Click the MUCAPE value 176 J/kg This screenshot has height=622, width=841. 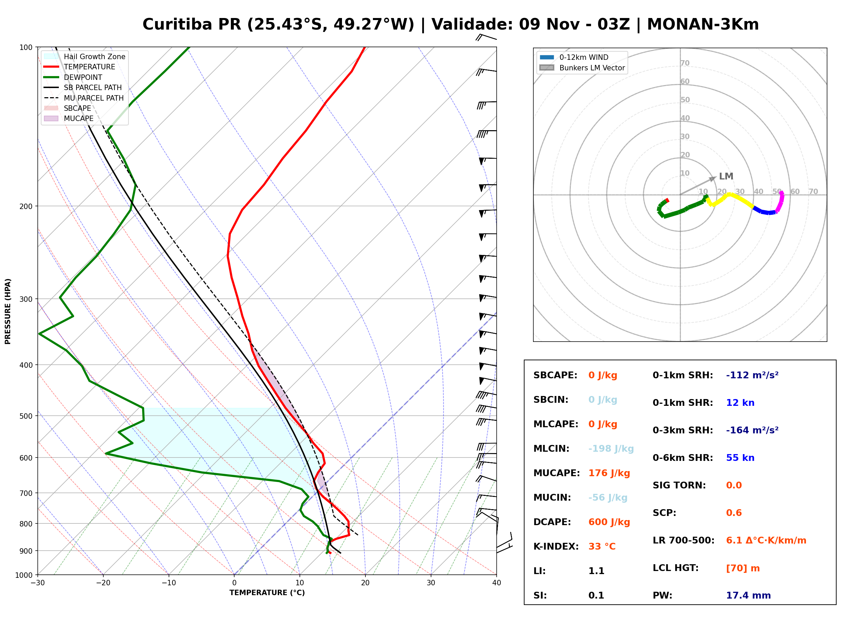609,473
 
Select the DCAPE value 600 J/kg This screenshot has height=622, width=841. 609,522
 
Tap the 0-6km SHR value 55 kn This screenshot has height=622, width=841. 740,457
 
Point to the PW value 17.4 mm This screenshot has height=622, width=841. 749,595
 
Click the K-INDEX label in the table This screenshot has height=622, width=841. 556,546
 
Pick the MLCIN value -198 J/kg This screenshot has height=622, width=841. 611,448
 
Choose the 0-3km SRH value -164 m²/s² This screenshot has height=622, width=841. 752,430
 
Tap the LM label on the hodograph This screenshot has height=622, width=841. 726,176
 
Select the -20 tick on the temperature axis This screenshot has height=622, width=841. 103,583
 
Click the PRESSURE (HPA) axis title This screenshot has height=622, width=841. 7,311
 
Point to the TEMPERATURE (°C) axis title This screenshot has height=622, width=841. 267,593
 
